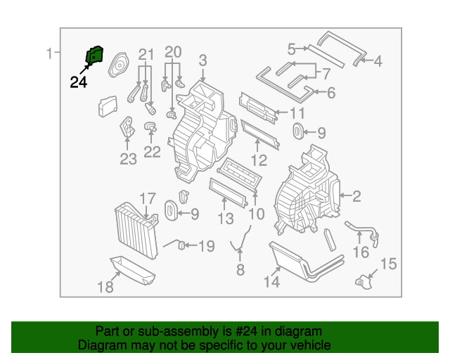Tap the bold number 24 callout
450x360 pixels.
(79, 82)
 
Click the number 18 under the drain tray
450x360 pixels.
(104, 287)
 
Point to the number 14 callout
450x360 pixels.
(272, 282)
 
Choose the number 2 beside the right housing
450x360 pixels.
(356, 197)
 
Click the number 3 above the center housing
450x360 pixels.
(202, 60)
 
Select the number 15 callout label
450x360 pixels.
(388, 264)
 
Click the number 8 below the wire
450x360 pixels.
(240, 269)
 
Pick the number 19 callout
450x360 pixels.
(205, 246)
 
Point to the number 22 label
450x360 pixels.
(152, 151)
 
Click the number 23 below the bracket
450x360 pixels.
(128, 160)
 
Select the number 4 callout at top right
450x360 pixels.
(378, 61)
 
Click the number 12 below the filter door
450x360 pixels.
(259, 160)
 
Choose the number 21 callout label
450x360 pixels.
(146, 54)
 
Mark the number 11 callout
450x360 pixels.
(297, 113)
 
